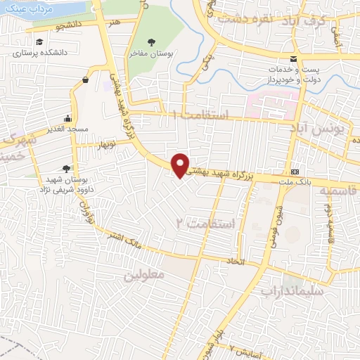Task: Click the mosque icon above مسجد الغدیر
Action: click(67, 118)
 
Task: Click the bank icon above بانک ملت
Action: click(295, 172)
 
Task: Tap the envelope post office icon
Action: click(293, 58)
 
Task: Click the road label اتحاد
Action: click(233, 262)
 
